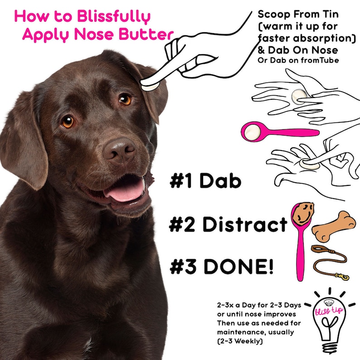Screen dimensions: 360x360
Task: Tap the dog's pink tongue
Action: (124, 190)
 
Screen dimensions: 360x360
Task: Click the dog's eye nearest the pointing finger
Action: (125, 99)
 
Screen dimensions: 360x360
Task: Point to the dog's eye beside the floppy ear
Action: (68, 122)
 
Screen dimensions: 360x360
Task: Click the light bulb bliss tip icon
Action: (325, 320)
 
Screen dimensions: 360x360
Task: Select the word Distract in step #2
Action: (244, 224)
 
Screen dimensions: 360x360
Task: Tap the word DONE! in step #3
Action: (238, 267)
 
